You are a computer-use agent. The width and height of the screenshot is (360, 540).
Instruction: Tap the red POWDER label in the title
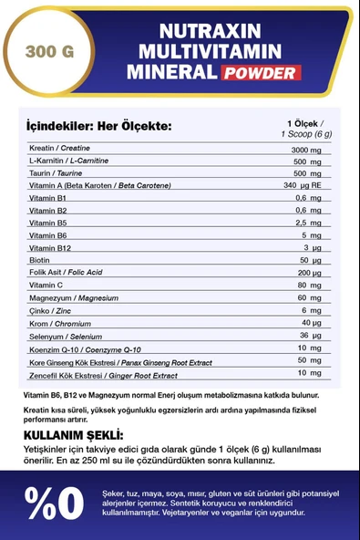coord(262,73)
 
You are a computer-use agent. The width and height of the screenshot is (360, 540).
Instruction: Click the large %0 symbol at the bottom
coord(55,499)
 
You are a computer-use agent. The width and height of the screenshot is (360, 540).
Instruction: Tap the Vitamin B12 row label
coord(50,247)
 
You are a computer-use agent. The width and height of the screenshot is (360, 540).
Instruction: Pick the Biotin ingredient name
coord(40,260)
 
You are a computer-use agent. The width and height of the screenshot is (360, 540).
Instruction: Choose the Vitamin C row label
coord(47,286)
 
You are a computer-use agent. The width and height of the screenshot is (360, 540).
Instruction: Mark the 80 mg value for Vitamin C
coord(310,286)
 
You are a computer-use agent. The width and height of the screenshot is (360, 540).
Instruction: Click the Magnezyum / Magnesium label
coord(72,298)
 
